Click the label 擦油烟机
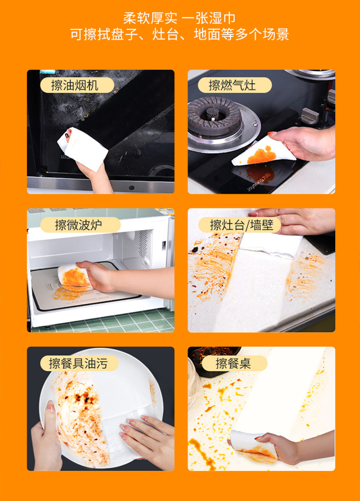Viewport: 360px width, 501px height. click(x=77, y=86)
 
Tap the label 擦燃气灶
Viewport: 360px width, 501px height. click(x=234, y=86)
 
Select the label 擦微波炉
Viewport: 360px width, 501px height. click(x=80, y=225)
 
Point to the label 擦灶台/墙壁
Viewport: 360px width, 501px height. click(x=239, y=225)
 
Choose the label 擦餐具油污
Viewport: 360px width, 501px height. click(x=79, y=363)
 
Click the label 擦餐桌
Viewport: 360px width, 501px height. click(x=234, y=363)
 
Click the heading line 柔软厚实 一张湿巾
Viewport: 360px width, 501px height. click(x=180, y=18)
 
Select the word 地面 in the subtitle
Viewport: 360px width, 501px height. click(x=207, y=34)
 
